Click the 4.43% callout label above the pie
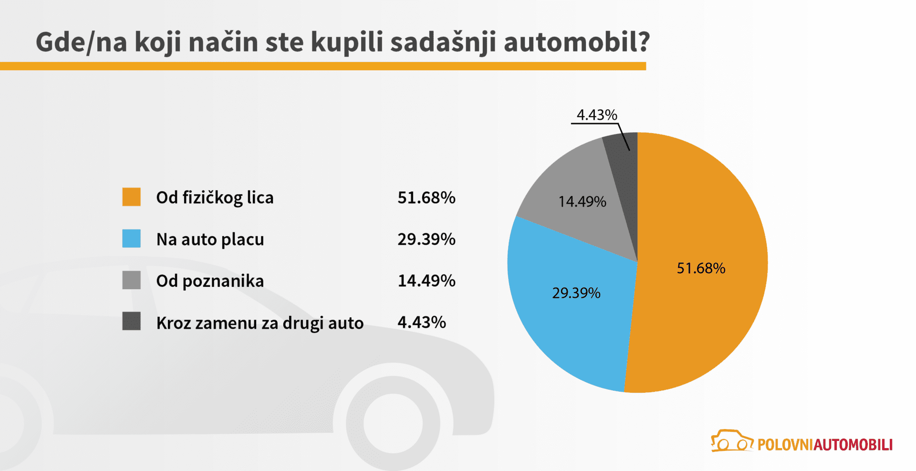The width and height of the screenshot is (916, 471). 596,115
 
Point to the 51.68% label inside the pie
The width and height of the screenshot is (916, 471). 701,268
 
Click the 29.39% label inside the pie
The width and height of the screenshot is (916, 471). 576,293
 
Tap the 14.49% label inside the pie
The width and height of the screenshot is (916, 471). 582,202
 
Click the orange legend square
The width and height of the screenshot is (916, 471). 131,197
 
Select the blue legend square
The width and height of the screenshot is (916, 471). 131,239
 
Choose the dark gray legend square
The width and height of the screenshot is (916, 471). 131,321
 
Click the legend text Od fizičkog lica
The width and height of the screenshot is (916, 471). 215,198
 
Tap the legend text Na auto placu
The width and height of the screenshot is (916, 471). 210,239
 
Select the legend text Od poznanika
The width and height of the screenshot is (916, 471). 210,281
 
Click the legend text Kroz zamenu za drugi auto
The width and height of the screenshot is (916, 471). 260,323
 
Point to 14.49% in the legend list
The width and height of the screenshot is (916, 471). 426,281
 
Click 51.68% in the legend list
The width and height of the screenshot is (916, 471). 426,198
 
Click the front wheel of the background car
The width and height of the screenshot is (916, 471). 393,423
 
